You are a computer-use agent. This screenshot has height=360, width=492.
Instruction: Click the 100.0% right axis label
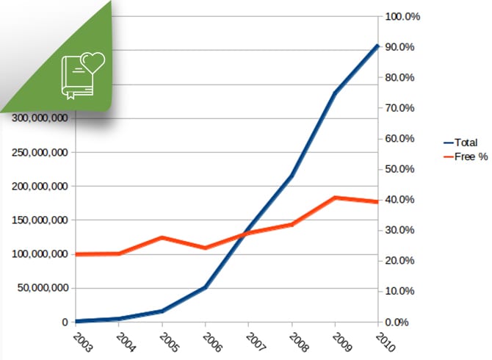point(401,16)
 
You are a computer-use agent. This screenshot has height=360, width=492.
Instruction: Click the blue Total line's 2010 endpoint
point(377,46)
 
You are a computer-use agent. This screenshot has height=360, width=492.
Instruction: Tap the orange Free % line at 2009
point(335,198)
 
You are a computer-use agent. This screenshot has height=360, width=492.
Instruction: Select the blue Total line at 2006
point(205,287)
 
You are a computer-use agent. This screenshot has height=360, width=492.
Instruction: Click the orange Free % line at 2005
point(162,237)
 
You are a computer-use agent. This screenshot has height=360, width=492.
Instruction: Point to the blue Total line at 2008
point(292,176)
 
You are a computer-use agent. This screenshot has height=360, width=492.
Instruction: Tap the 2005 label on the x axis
point(166,343)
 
